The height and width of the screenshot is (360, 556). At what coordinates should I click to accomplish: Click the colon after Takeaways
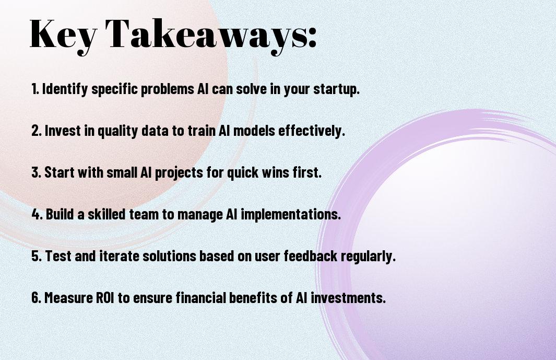pyautogui.click(x=312, y=37)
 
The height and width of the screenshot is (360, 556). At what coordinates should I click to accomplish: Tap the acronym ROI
pyautogui.click(x=105, y=297)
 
